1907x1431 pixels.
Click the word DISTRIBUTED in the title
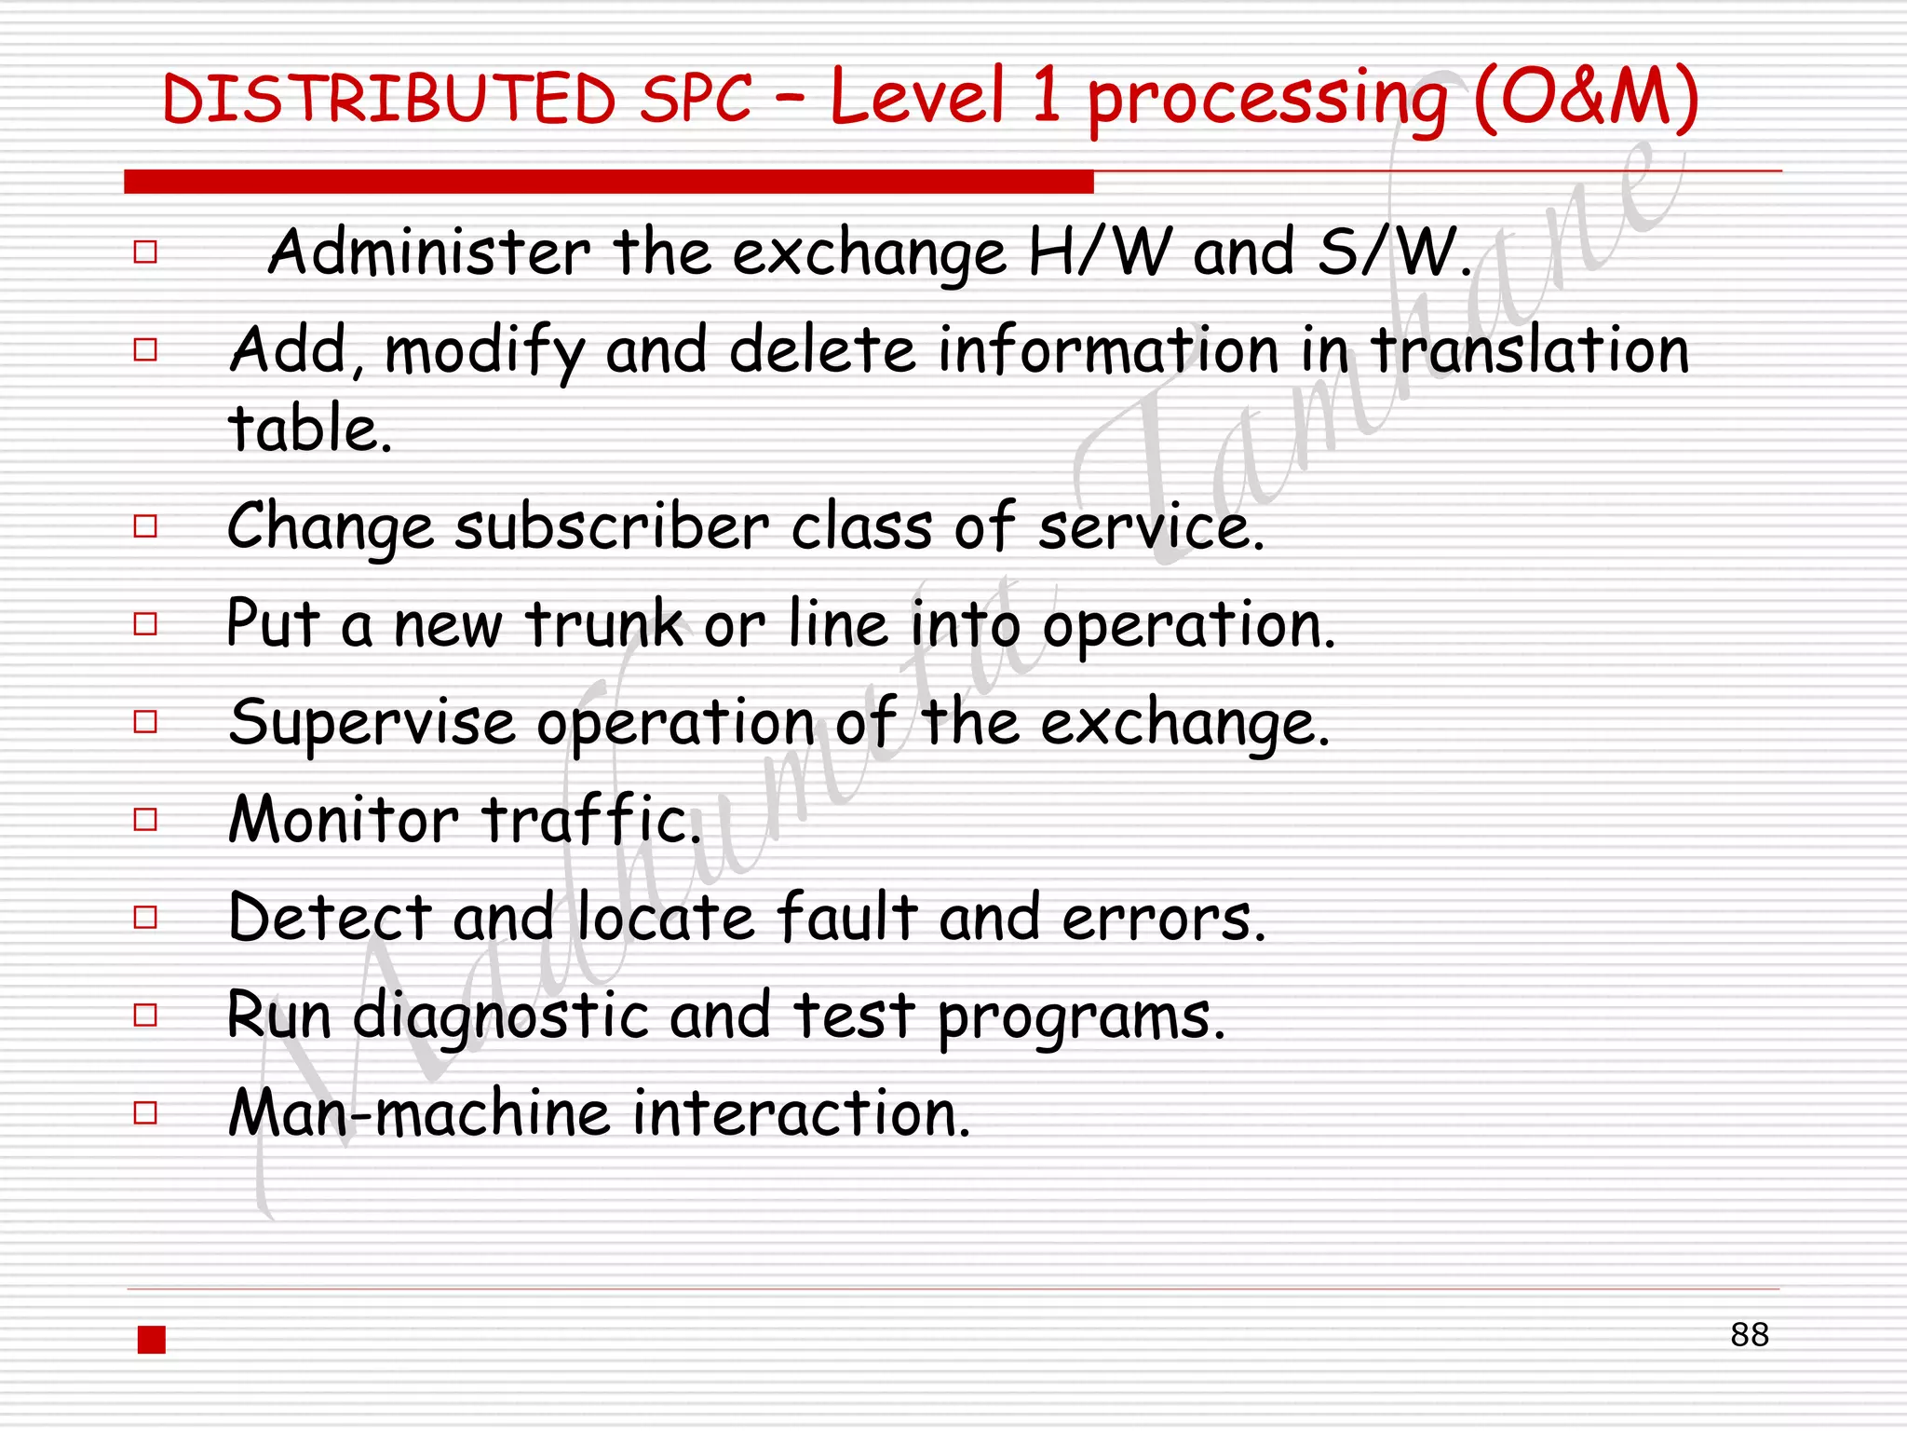pos(388,99)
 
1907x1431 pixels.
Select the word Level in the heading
pos(917,97)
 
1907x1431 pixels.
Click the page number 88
pos(1749,1335)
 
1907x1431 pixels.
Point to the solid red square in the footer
pos(152,1340)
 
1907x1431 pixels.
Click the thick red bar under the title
pos(608,182)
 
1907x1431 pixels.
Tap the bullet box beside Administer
pos(145,252)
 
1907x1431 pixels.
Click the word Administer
pos(429,252)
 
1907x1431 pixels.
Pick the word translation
pos(1530,351)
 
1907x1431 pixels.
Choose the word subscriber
pos(612,527)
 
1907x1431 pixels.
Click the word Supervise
pos(372,723)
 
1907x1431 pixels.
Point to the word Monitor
pos(344,820)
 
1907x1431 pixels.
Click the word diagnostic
pos(500,1016)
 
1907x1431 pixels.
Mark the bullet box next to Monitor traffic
pos(145,820)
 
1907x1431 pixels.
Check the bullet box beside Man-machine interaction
pos(145,1113)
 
